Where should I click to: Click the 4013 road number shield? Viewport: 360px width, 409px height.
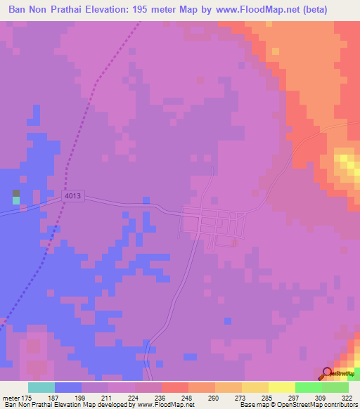click(72, 199)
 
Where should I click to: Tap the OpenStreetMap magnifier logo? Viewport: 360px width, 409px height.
click(328, 373)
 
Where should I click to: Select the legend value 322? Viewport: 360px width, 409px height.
click(347, 398)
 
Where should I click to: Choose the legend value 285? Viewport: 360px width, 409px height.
click(268, 398)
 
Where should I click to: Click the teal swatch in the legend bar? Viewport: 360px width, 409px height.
click(41, 387)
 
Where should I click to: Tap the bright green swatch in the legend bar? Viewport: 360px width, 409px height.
click(309, 387)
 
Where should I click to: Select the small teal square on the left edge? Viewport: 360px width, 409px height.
click(16, 201)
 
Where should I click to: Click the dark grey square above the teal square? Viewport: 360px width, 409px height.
click(16, 193)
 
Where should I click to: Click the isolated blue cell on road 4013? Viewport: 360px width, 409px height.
click(146, 200)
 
